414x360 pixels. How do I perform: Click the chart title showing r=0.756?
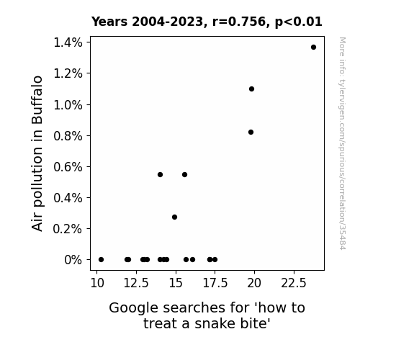207,22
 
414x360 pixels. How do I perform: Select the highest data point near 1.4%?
313,48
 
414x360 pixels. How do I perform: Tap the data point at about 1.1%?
251,89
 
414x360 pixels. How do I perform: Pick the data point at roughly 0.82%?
251,132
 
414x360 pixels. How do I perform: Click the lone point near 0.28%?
174,217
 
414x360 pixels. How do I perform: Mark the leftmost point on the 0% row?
101,260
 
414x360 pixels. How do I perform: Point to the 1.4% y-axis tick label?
68,42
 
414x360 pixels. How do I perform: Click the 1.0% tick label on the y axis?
68,105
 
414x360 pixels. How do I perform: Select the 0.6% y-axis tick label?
68,167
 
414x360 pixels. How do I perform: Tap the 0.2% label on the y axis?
68,229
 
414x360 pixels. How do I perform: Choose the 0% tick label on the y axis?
73,260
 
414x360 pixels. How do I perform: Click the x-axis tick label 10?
97,283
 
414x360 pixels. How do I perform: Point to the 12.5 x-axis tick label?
136,283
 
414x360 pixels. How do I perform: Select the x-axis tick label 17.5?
215,283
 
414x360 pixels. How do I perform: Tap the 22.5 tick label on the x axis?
294,283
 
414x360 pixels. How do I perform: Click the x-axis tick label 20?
254,283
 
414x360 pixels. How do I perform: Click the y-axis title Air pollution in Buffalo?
37,153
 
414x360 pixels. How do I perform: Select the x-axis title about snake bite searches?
207,315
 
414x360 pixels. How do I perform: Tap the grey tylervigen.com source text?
342,143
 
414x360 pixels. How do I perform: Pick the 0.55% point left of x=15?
160,174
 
